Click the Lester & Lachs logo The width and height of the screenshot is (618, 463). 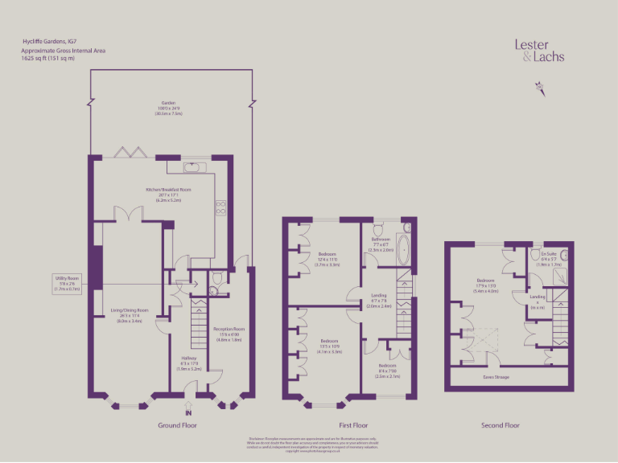(x=539, y=51)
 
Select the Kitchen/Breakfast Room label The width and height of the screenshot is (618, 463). (x=168, y=193)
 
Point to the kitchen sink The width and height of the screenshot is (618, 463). (x=195, y=167)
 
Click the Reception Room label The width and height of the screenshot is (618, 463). (x=229, y=334)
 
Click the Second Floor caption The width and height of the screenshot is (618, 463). (x=501, y=425)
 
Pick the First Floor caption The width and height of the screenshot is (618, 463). (x=348, y=425)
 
